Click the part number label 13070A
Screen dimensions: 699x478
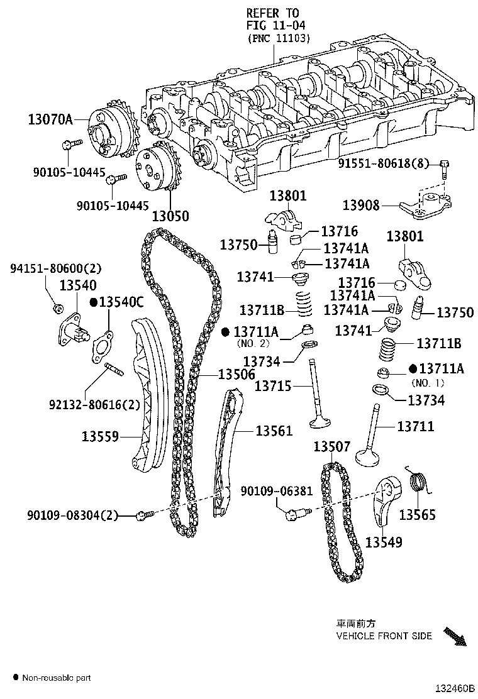(x=50, y=118)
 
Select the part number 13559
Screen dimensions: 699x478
(x=100, y=434)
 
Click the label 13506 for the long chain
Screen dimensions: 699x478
(x=236, y=374)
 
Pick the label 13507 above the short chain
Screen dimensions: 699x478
(x=332, y=447)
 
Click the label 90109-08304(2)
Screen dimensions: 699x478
(x=72, y=516)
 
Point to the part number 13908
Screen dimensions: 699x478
(x=361, y=205)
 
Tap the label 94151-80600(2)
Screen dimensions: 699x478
(x=55, y=269)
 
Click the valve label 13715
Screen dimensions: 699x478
(x=273, y=385)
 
